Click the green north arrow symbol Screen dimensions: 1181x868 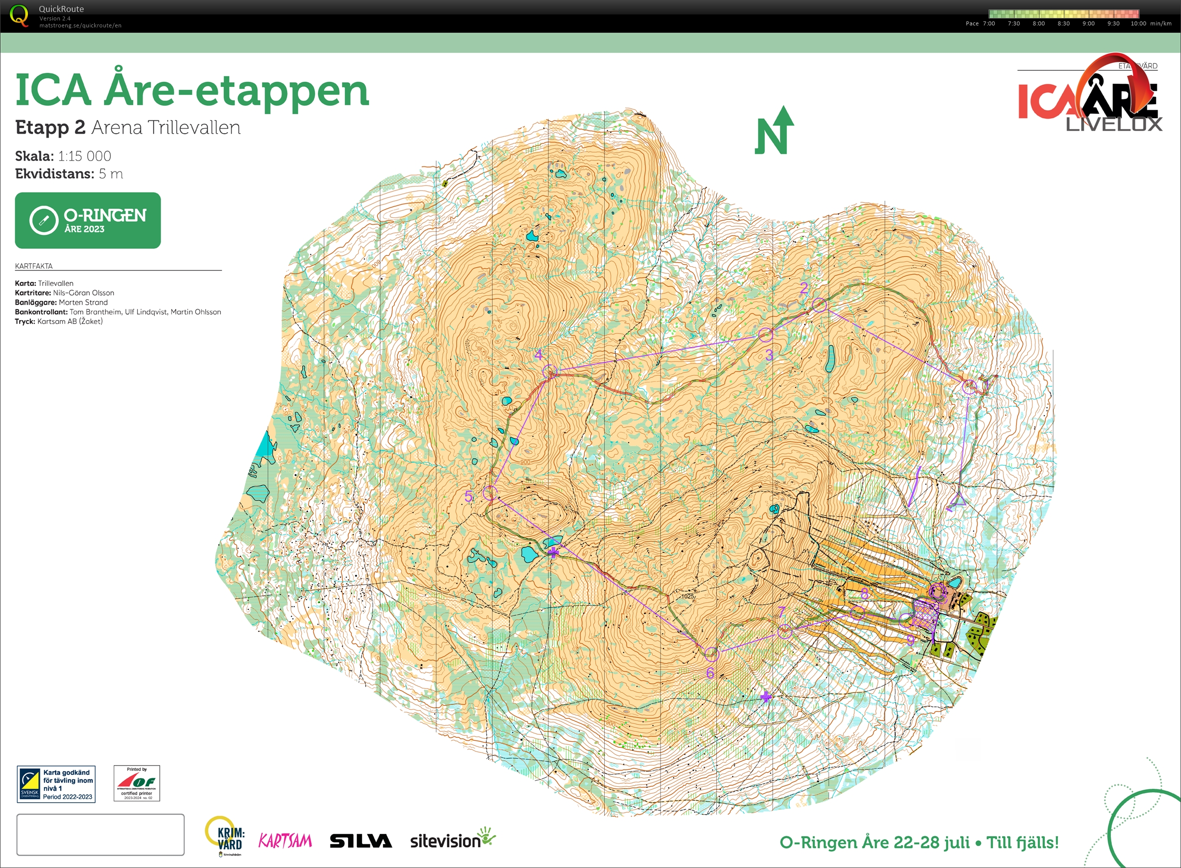click(x=774, y=131)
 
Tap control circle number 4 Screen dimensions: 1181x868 click(x=549, y=371)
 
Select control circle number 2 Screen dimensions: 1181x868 click(x=819, y=305)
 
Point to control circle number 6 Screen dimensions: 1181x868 click(x=711, y=654)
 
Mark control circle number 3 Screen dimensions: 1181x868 click(x=765, y=334)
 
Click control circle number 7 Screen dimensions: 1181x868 click(x=784, y=632)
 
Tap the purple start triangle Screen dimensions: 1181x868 click(x=958, y=500)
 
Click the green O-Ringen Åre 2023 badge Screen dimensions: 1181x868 click(x=88, y=220)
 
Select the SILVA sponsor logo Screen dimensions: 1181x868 click(x=360, y=841)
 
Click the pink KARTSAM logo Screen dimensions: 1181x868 click(x=285, y=841)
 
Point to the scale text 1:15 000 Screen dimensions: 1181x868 click(x=85, y=156)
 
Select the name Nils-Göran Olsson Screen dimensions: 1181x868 click(x=83, y=293)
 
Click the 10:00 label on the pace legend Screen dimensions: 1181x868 click(x=1138, y=23)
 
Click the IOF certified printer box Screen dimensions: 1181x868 click(x=137, y=783)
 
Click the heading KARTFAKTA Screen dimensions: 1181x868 click(x=33, y=266)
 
